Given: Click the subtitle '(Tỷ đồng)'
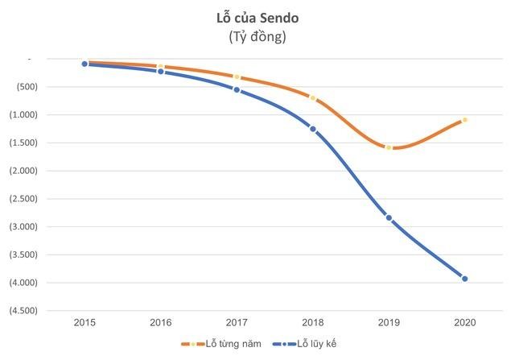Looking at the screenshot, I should point(257,36).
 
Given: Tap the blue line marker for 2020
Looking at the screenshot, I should point(465,279).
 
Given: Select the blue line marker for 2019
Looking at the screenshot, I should point(389,217).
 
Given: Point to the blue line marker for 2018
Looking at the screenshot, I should point(313,129).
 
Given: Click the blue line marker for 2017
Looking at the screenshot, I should point(237,89).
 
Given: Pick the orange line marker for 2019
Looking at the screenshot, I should point(389,147).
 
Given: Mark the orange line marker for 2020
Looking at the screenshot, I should point(465,120).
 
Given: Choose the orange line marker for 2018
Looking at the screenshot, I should point(313,98).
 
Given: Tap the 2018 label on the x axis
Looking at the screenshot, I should point(313,322).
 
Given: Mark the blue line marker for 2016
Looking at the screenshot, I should point(161,72).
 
